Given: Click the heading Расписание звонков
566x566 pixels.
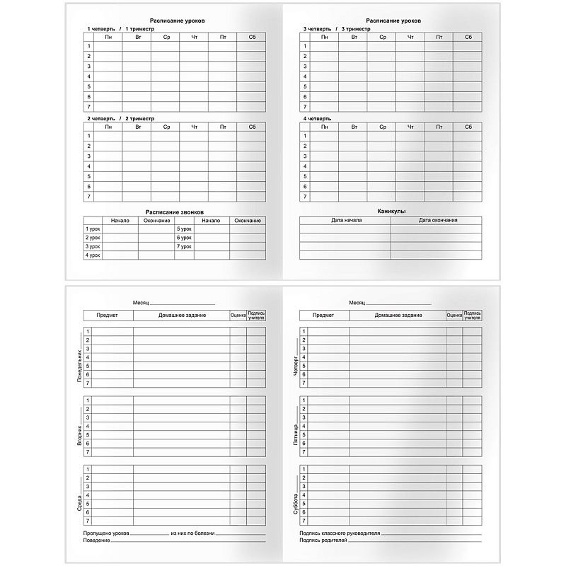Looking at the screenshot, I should click(x=174, y=212).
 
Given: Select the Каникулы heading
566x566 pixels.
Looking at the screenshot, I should click(x=391, y=212).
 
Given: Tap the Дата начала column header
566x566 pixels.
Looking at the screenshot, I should click(x=346, y=221).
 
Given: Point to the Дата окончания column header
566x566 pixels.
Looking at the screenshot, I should click(x=437, y=221).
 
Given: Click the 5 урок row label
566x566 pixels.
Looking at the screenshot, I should click(x=184, y=229).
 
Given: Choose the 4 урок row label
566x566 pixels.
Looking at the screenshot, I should click(x=93, y=255).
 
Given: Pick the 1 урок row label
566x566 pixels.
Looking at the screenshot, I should click(x=93, y=229).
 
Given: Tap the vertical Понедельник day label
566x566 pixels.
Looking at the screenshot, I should click(x=79, y=358).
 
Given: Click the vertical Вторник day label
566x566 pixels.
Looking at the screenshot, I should click(x=79, y=427).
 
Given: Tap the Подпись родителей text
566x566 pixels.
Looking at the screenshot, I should click(x=323, y=541).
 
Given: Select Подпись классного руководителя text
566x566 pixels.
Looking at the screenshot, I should click(x=340, y=532).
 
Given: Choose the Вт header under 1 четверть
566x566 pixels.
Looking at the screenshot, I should click(x=137, y=37).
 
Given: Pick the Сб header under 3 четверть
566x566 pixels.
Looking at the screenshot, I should click(x=468, y=37).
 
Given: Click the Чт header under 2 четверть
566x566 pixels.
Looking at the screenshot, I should click(x=194, y=127).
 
